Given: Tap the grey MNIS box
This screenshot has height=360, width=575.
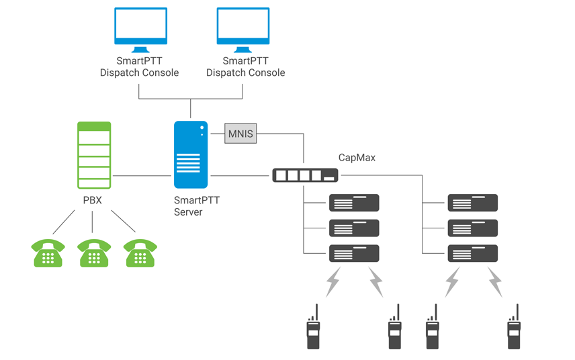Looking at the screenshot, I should tap(240, 134).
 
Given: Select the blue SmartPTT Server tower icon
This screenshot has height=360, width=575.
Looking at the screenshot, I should tap(190, 154).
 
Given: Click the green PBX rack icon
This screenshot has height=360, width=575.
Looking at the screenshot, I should tap(94, 155).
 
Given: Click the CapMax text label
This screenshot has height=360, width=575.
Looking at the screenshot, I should tap(357, 158).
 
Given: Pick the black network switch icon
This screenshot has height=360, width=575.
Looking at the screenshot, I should tap(305, 176).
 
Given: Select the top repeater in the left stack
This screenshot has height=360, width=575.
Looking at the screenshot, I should tap(354, 203).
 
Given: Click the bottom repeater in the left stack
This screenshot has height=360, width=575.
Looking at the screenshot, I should tap(354, 253).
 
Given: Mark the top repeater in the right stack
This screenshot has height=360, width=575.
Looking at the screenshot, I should tap(473, 203).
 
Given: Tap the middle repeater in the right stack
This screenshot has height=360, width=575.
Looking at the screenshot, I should tap(473, 228).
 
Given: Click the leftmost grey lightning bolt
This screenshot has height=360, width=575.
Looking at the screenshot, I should tap(333, 282).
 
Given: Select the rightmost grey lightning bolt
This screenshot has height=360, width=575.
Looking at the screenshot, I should tap(495, 282).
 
